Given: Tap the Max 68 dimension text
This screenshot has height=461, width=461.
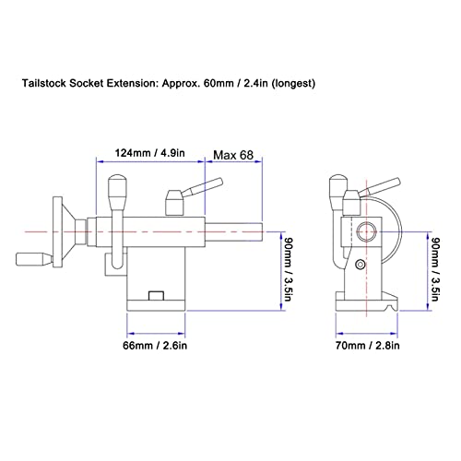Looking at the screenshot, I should [236, 153].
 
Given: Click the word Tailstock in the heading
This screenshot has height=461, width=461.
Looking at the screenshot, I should [48, 83].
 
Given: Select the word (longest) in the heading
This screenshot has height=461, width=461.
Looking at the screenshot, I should [290, 83].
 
